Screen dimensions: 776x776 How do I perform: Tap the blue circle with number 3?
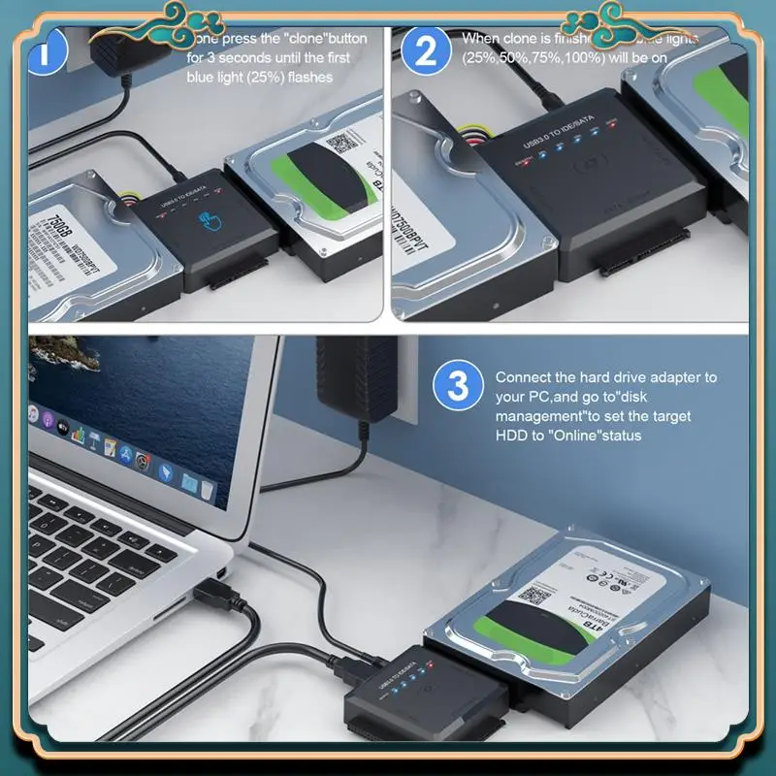pyautogui.click(x=457, y=386)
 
